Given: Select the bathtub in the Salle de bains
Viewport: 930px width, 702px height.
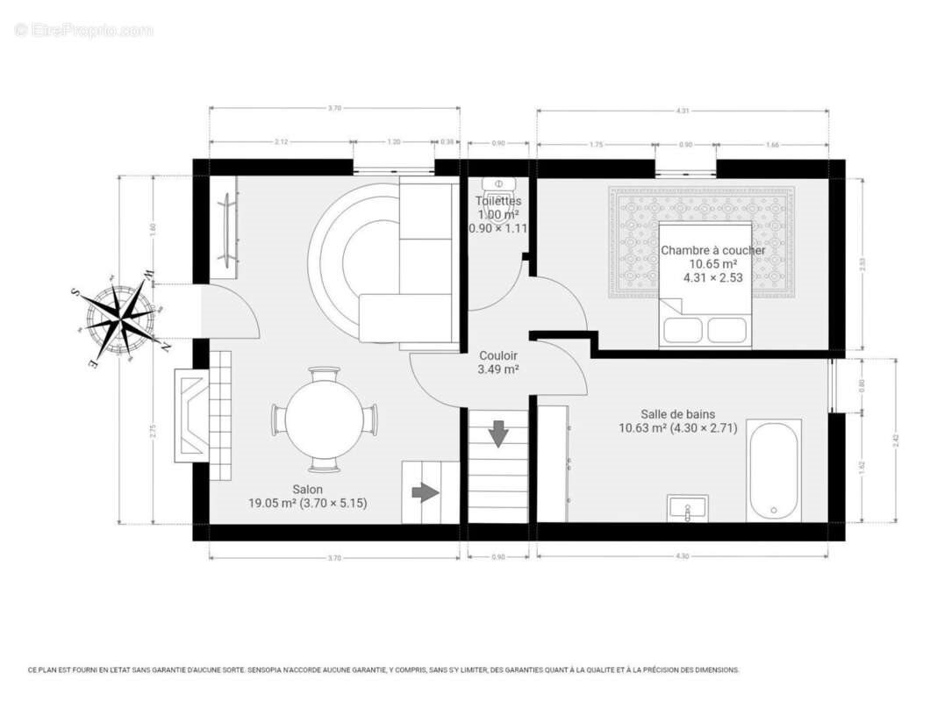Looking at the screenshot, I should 774,470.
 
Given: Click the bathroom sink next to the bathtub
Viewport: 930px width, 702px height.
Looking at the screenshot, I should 687,508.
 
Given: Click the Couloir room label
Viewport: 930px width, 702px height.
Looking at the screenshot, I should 497,356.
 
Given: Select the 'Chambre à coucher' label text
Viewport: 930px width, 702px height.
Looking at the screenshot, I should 712,250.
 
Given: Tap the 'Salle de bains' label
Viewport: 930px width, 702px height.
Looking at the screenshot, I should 677,414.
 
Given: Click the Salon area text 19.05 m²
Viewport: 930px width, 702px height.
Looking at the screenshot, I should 275,504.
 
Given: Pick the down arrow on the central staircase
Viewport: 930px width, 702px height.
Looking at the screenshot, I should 498,433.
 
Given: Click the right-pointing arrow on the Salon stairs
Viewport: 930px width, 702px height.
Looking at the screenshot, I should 426,492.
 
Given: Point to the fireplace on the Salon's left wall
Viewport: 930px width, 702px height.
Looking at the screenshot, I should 191,414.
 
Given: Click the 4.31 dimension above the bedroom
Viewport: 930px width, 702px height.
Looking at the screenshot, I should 683,111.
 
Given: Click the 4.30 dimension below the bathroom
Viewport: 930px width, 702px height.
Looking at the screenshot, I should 683,556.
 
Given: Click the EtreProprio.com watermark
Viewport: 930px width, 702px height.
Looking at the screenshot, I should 84,30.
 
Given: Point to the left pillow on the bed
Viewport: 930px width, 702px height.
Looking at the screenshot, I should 683,329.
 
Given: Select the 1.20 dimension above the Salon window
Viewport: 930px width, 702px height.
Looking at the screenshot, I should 394,141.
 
